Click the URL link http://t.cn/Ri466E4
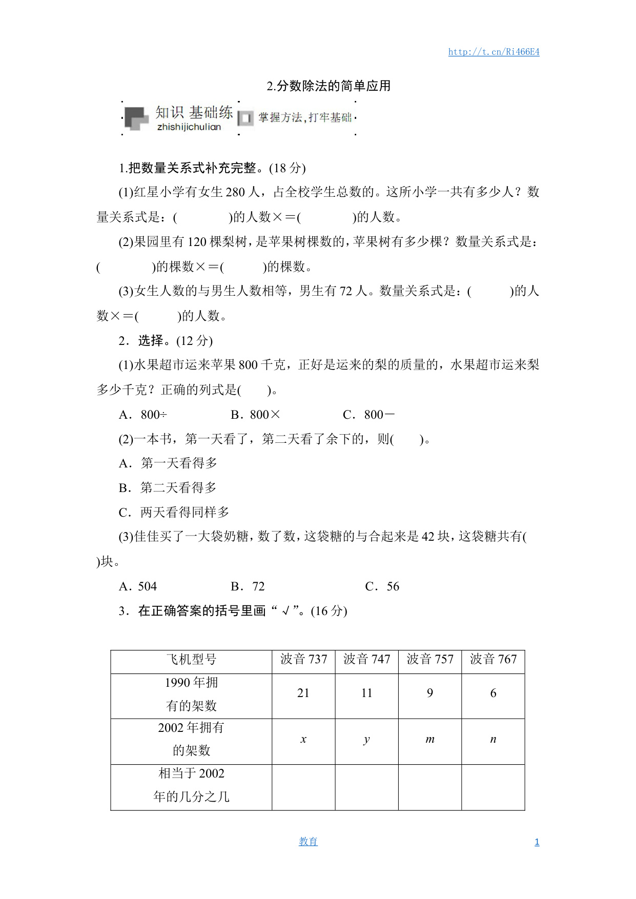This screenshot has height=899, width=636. point(494,52)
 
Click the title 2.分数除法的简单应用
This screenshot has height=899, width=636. point(329,86)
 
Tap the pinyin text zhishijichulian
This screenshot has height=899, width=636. point(189,127)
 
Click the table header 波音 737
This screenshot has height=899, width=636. point(303,659)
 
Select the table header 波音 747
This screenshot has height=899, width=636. point(366,659)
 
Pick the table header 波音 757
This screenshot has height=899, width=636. point(430,659)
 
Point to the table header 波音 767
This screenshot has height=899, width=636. point(493,659)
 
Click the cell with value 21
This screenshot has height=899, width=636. point(303,693)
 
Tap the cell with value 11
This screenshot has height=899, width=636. point(366,693)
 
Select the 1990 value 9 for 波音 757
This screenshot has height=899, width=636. point(430,693)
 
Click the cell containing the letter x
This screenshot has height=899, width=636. point(303,739)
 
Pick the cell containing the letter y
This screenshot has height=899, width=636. point(366,739)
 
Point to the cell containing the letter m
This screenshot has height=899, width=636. point(430,739)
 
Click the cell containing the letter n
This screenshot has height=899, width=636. point(493,739)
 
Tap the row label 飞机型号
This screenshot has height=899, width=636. point(191,660)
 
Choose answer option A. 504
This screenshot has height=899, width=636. point(138,586)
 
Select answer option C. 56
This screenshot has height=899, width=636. point(382,586)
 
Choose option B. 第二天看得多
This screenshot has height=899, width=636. point(168,488)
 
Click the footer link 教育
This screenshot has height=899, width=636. point(308,842)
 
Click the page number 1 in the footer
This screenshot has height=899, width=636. point(537,842)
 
